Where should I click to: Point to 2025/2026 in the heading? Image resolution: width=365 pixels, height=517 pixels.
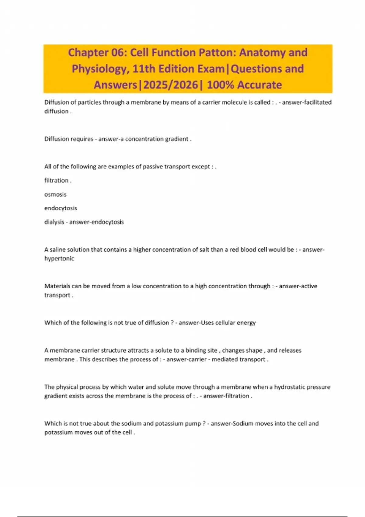[171, 85]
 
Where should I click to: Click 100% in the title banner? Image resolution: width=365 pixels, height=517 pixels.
[221, 85]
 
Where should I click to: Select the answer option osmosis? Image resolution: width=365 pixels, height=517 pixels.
[55, 194]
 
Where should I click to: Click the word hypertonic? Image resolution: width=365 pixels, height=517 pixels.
[59, 258]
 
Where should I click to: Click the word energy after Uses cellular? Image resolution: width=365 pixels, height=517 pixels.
[246, 323]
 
